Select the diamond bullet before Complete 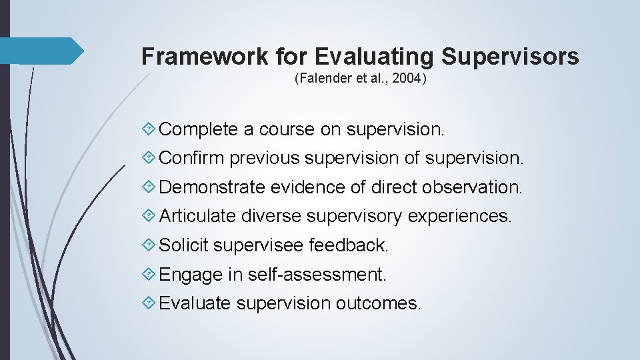point(150,129)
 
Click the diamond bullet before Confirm point(150,159)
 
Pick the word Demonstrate point(213,187)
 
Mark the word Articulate point(198,216)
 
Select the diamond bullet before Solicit point(150,245)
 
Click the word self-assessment point(317,274)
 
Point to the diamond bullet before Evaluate point(150,303)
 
